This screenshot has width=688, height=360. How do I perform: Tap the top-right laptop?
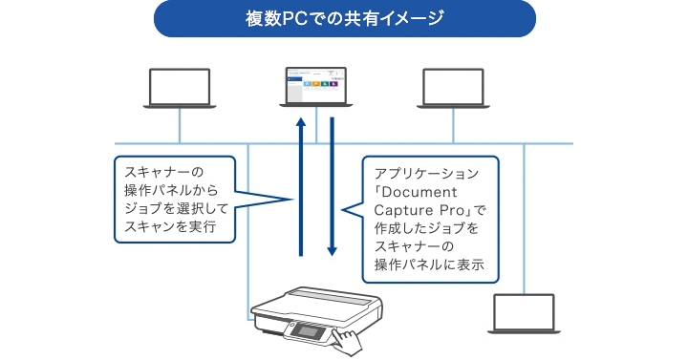pyautogui.click(x=454, y=87)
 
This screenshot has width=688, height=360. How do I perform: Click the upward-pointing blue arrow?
pyautogui.click(x=301, y=186)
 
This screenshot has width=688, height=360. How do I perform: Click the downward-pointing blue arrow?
pyautogui.click(x=332, y=186)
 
